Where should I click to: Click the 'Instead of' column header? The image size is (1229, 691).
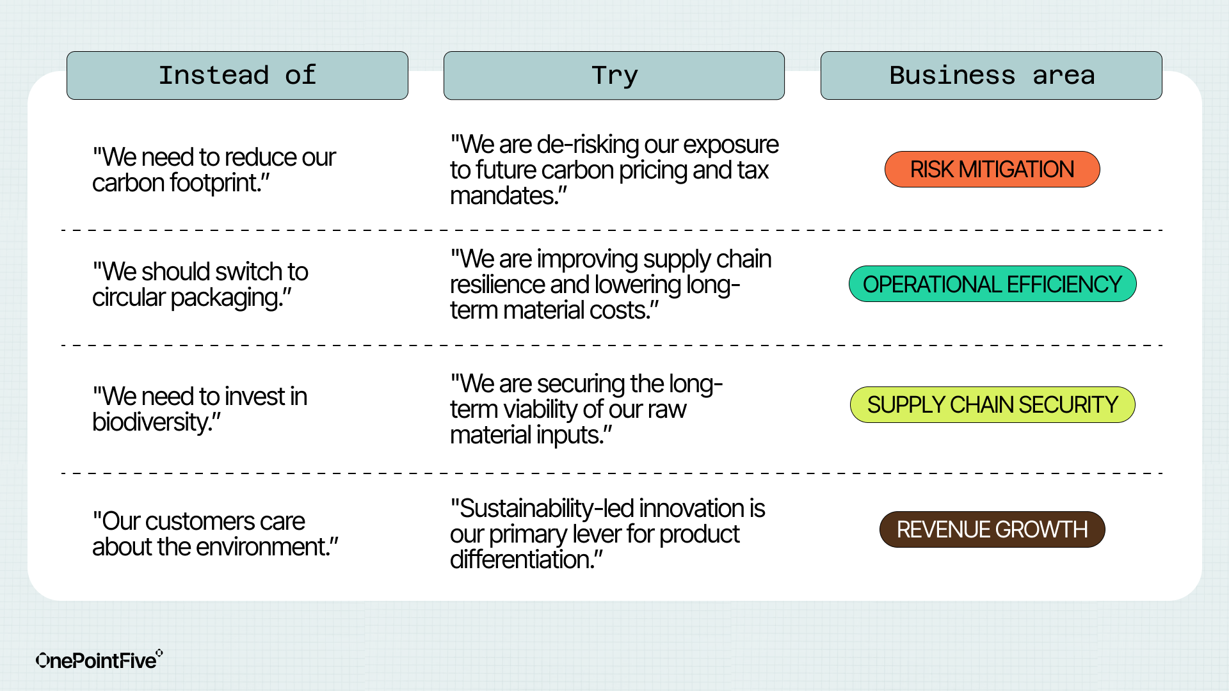tap(237, 75)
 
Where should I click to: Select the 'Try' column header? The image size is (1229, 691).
tap(614, 75)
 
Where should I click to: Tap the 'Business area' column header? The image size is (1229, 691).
tap(992, 75)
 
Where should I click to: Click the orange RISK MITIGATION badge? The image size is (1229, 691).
tap(992, 170)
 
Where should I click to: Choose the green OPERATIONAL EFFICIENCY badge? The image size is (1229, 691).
tap(993, 284)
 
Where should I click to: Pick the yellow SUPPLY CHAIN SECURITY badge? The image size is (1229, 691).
tap(993, 405)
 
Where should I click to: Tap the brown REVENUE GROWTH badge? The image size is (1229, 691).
tap(992, 530)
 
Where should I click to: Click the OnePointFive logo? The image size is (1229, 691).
tap(99, 659)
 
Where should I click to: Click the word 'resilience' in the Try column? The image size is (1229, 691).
tap(497, 285)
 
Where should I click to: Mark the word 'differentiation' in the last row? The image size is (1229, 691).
tap(521, 560)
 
